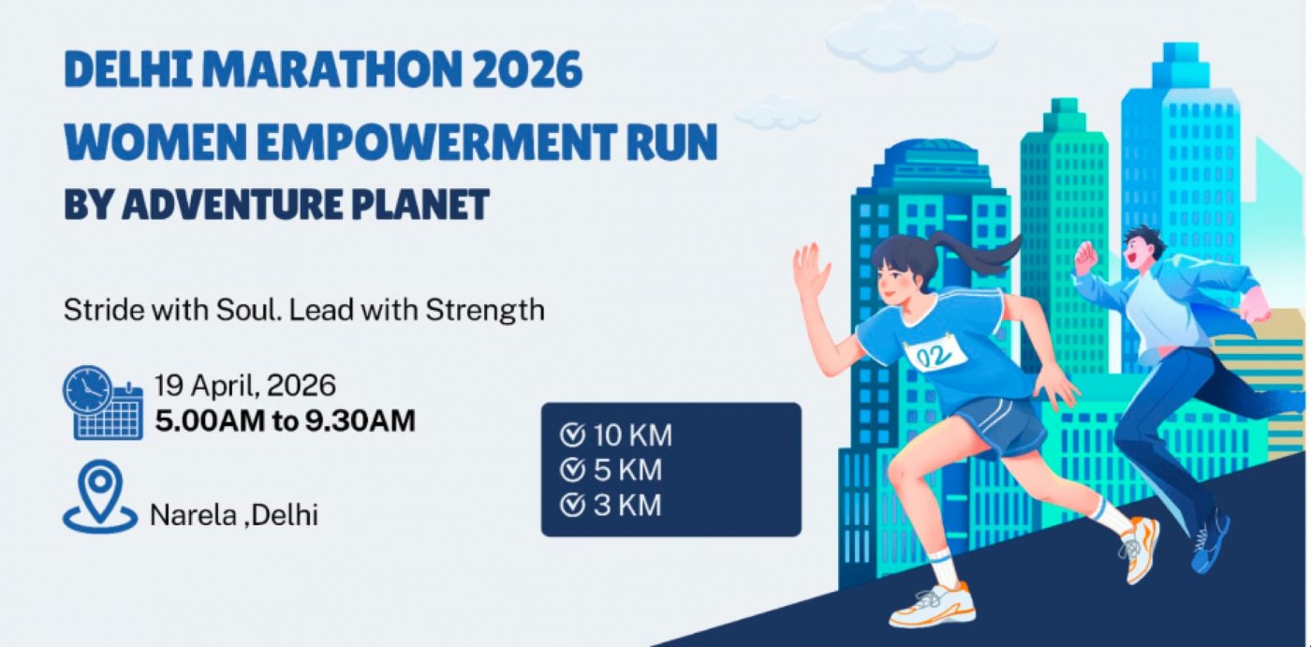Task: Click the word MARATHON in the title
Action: (x=331, y=70)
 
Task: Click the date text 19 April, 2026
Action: (x=244, y=386)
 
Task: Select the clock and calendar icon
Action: (x=103, y=403)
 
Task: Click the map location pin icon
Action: (x=100, y=496)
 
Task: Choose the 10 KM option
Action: (x=616, y=435)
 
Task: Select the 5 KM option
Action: (x=611, y=470)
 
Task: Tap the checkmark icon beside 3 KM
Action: (x=572, y=506)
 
